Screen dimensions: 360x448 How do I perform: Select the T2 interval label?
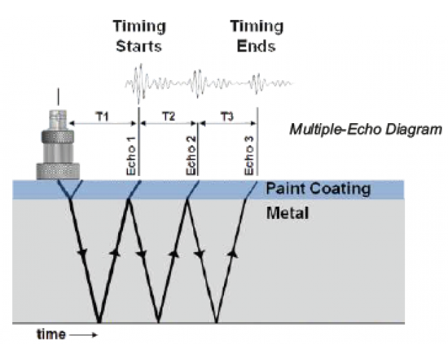[x=168, y=117]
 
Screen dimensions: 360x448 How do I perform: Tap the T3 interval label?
[x=226, y=117]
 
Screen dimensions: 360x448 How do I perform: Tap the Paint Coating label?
[x=318, y=189]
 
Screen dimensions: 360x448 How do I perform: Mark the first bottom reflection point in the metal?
[x=99, y=321]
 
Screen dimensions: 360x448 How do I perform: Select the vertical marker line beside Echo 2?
[x=198, y=147]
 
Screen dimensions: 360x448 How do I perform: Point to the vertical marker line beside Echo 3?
[x=258, y=147]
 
